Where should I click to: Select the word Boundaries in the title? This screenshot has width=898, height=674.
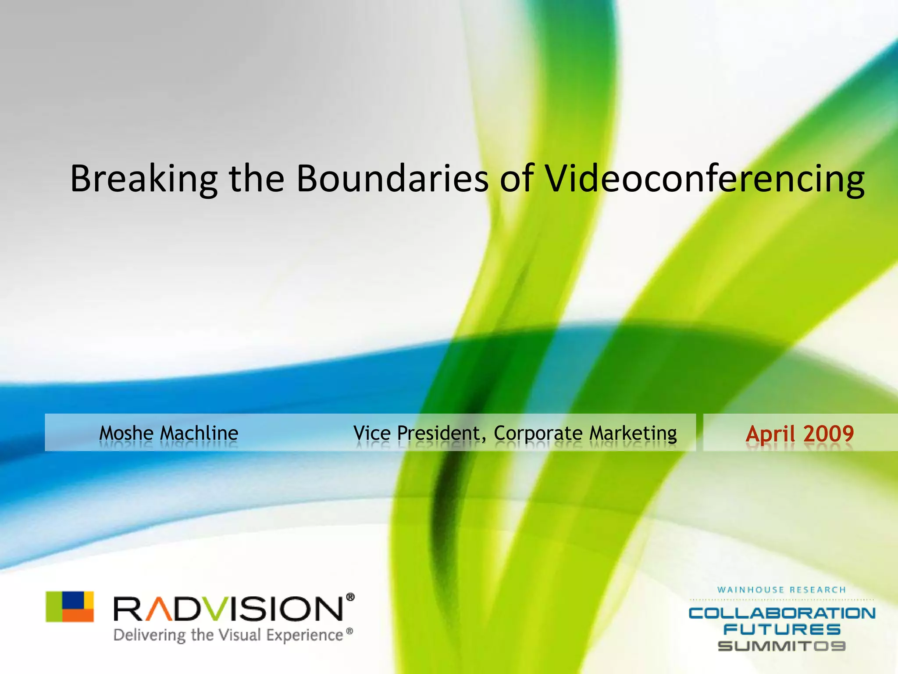tap(392, 178)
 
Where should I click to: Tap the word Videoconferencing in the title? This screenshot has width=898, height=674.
tap(704, 179)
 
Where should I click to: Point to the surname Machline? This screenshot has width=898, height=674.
tap(199, 433)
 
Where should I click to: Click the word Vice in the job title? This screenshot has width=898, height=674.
tap(372, 433)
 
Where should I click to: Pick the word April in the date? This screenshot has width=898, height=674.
tap(770, 434)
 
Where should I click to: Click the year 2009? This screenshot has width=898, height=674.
tap(828, 434)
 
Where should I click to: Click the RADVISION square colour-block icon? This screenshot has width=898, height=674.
tap(70, 606)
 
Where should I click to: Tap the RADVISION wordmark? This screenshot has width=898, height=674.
tap(228, 609)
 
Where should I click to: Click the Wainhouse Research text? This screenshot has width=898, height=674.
tap(781, 590)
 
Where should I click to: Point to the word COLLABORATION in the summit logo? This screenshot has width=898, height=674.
tap(782, 613)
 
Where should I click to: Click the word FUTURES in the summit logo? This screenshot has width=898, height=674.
tap(782, 630)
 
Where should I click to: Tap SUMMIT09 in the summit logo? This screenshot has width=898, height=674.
tap(782, 646)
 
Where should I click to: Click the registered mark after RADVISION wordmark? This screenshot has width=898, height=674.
tap(350, 597)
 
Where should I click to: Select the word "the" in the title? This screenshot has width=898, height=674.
tap(257, 178)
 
